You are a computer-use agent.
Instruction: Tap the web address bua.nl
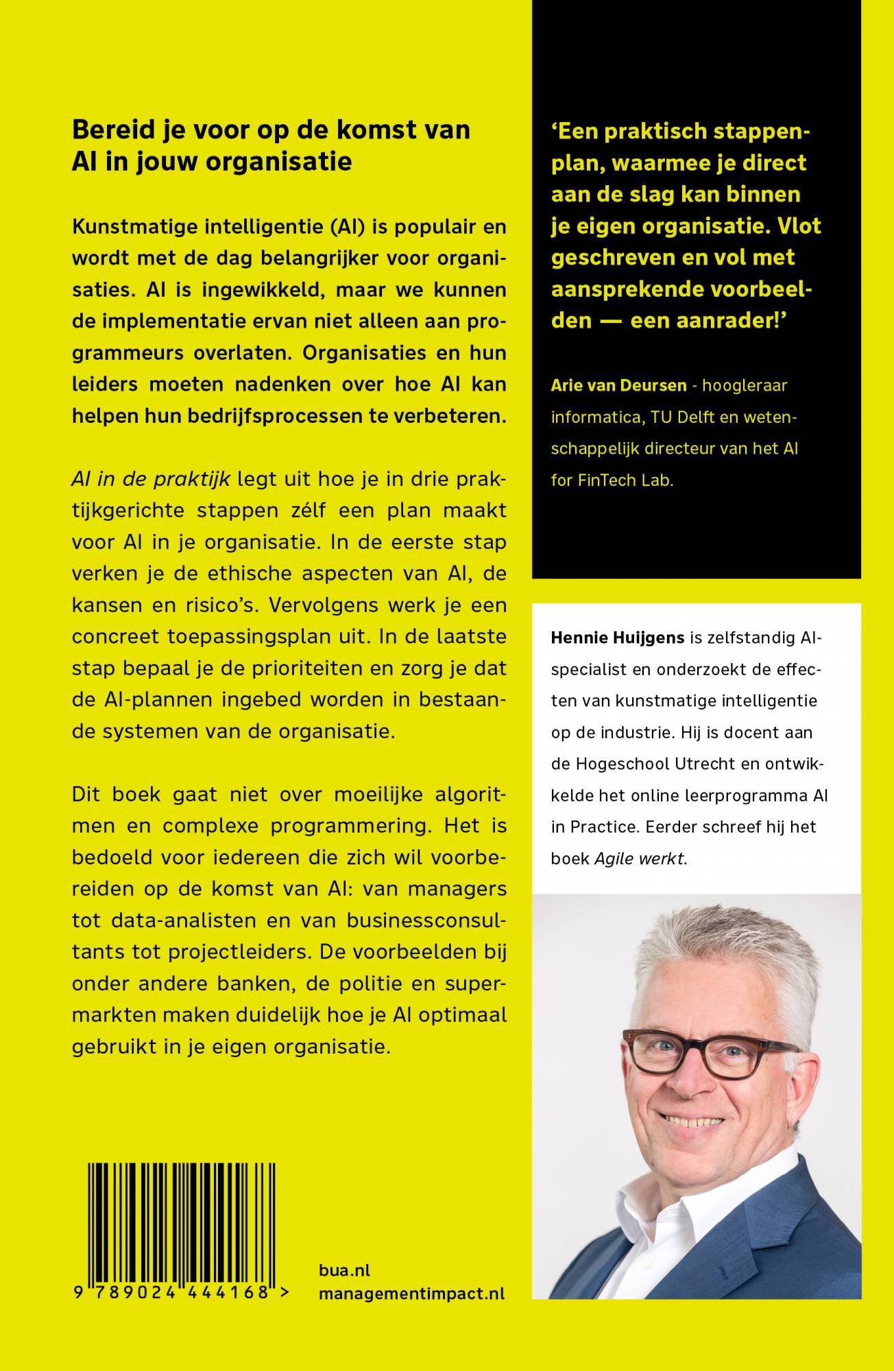[344, 1270]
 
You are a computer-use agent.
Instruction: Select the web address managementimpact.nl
[411, 1294]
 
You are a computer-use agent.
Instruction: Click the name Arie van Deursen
[618, 385]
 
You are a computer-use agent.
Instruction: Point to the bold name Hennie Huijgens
[618, 638]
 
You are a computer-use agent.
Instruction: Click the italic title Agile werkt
[640, 858]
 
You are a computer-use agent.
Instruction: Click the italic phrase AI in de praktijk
[151, 478]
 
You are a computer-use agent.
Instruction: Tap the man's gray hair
[727, 960]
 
